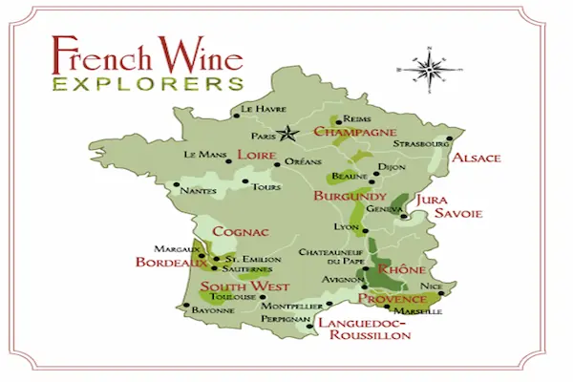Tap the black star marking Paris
(283, 135)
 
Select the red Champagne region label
(354, 131)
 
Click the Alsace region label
(476, 158)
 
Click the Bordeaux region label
(171, 262)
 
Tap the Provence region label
(392, 299)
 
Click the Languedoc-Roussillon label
(363, 329)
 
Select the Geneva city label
(384, 209)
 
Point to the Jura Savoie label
(444, 206)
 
